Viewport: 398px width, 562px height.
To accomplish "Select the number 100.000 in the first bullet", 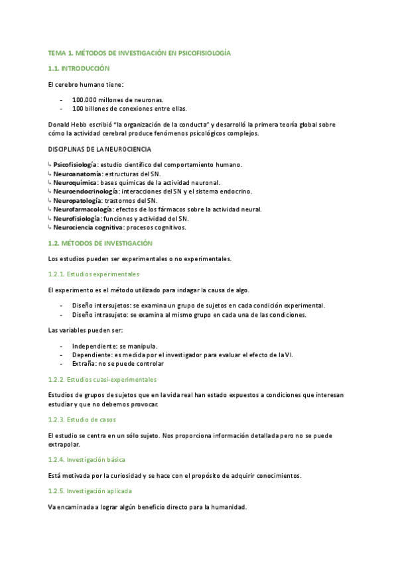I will tap(86, 99).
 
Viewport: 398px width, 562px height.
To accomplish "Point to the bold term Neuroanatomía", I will tap(75, 173).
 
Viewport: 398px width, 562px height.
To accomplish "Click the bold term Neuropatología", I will tap(78, 200).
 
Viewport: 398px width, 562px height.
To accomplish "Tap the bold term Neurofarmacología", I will tap(82, 209).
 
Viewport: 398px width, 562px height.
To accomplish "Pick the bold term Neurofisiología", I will tap(76, 218).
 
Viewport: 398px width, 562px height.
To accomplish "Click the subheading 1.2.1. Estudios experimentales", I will tap(94, 274).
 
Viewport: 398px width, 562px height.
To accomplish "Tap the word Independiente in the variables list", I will tap(94, 346).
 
